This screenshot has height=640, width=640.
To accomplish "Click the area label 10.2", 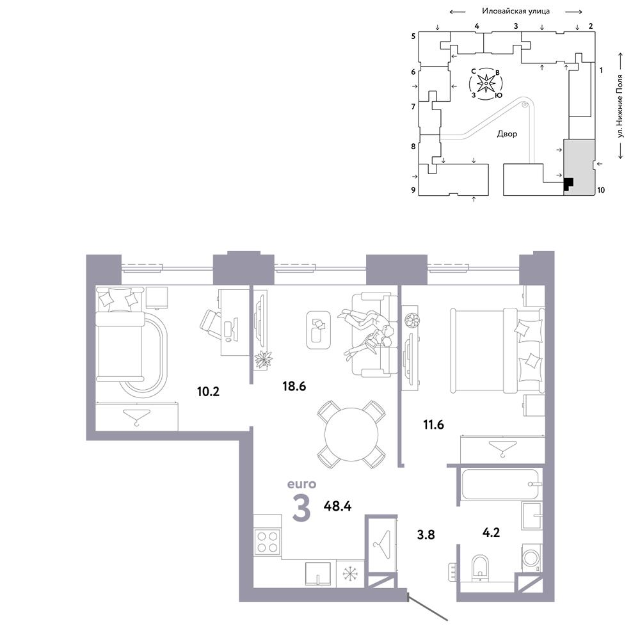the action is coord(208,392).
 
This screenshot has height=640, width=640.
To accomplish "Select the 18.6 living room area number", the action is coord(294,386).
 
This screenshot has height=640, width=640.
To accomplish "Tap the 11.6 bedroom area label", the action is coord(433,425).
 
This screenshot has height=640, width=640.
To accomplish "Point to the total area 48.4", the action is coord(337,506).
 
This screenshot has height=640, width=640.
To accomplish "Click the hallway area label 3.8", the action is coord(426,534).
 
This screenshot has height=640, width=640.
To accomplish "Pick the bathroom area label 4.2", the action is coord(491,532).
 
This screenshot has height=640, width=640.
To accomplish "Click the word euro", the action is coord(301,484).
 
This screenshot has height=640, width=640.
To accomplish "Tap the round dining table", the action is coord(351,435).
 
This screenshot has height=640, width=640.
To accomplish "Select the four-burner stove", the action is coord(268,541).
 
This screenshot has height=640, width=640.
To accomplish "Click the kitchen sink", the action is coord(318,574).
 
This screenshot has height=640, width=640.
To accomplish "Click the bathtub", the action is coord(500,484).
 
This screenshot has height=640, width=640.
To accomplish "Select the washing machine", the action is coord(532,557).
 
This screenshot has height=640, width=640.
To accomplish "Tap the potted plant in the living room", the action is coord(263,360).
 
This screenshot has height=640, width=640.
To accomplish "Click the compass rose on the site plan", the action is coord(486,84).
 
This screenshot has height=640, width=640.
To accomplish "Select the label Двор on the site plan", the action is coord(507,134).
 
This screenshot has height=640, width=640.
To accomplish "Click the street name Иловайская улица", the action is coord(516,11).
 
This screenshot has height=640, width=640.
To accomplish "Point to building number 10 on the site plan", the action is coord(601,190).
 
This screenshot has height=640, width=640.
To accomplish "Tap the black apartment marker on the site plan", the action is coord(568,184).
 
